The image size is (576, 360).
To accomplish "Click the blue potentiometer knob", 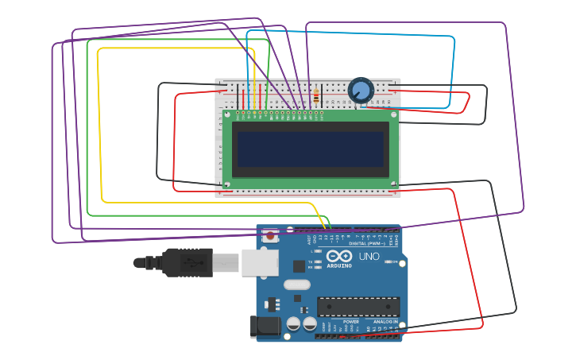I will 361,90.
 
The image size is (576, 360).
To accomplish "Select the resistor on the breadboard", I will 318,97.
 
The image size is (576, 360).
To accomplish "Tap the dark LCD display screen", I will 310,149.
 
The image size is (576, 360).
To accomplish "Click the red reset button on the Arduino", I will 270,235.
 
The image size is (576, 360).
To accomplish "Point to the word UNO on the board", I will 369,256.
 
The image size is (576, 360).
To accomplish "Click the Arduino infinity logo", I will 338,256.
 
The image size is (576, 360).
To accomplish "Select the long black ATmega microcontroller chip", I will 358,307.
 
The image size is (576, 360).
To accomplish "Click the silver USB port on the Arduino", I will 260,262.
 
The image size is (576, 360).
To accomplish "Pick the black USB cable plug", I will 187,262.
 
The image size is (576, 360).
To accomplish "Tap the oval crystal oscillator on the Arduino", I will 296,285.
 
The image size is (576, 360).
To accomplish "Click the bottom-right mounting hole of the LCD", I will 393,184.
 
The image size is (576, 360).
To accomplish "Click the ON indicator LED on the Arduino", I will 387,261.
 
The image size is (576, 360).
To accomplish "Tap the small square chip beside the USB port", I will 299,266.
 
